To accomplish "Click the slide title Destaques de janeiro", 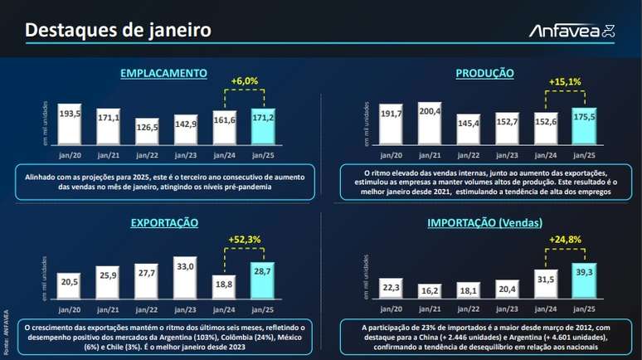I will pyautogui.click(x=117, y=31).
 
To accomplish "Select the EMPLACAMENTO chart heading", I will pyautogui.click(x=163, y=74).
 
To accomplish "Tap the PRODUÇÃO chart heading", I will pyautogui.click(x=484, y=74).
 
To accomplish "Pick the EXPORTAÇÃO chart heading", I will pyautogui.click(x=163, y=223).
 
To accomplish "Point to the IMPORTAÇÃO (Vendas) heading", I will pyautogui.click(x=484, y=223).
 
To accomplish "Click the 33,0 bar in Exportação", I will pyautogui.click(x=186, y=280).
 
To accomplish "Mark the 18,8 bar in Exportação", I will pyautogui.click(x=224, y=287).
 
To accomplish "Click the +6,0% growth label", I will pyautogui.click(x=244, y=81).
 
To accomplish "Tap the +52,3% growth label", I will pyautogui.click(x=244, y=240).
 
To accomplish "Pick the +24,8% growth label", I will pyautogui.click(x=565, y=240).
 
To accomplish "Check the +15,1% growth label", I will pyautogui.click(x=565, y=82).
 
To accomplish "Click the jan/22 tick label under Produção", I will pyautogui.click(x=469, y=156).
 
